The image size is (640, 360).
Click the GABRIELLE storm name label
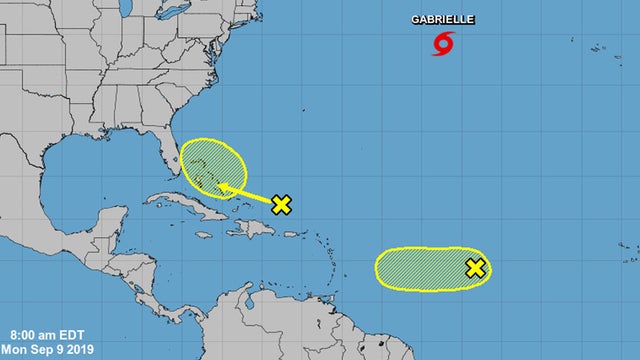tap(444, 20)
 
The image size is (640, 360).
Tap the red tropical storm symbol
tap(443, 43)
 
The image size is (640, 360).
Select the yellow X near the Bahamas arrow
tap(282, 204)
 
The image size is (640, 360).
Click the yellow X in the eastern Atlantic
tap(476, 267)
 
